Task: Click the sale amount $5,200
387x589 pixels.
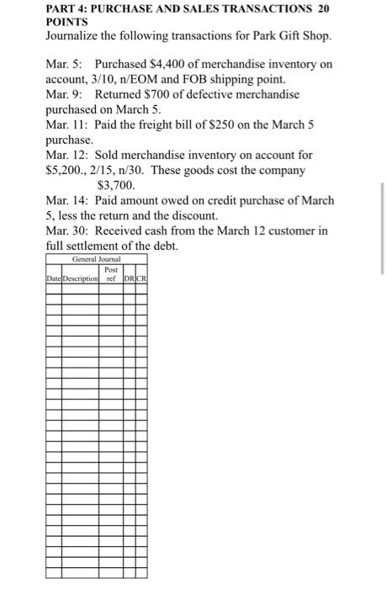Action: coord(64,169)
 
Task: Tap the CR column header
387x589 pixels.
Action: coord(141,277)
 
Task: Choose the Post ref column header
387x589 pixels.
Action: coord(110,273)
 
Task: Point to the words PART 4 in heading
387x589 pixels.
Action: coord(68,9)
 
